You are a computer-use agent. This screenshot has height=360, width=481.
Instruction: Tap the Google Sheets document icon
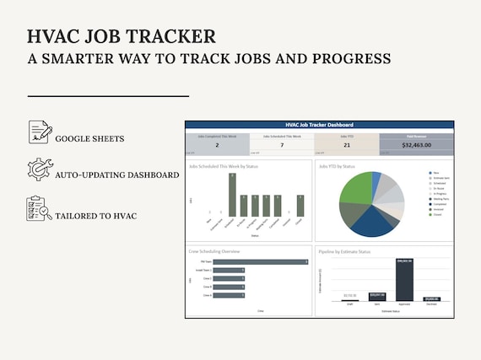[39, 132]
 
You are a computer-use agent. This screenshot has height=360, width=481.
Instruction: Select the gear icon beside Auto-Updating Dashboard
[39, 169]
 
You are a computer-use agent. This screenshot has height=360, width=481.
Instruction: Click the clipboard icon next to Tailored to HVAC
[39, 208]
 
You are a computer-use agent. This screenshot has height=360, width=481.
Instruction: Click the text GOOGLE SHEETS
[89, 138]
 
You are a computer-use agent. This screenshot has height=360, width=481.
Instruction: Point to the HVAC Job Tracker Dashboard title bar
[319, 125]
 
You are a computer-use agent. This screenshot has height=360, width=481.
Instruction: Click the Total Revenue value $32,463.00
[416, 145]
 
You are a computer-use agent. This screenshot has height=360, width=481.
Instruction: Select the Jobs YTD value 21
[346, 145]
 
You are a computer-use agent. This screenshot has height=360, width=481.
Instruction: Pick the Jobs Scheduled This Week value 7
[282, 145]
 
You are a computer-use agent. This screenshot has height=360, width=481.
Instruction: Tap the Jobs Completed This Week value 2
[217, 145]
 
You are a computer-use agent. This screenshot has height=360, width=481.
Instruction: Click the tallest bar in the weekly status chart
[232, 194]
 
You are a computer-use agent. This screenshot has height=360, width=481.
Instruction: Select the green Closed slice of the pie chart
[354, 190]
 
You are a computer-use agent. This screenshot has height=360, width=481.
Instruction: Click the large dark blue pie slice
[371, 221]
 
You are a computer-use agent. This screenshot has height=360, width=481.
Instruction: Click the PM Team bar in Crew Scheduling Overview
[260, 262]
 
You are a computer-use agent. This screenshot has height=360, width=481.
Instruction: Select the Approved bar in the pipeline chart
[403, 280]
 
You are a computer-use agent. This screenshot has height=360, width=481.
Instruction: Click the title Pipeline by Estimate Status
[346, 250]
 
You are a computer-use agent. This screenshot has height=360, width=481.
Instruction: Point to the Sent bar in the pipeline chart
[376, 297]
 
